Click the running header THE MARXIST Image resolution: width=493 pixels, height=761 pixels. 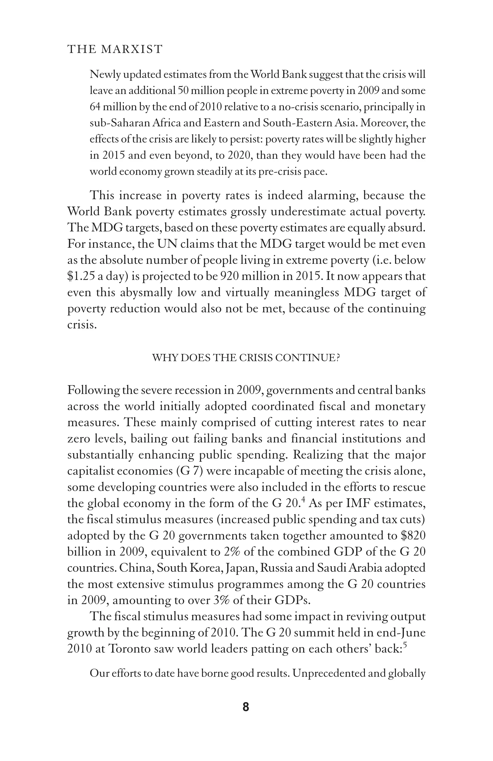(115, 49)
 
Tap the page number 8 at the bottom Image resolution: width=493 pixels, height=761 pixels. (246, 707)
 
